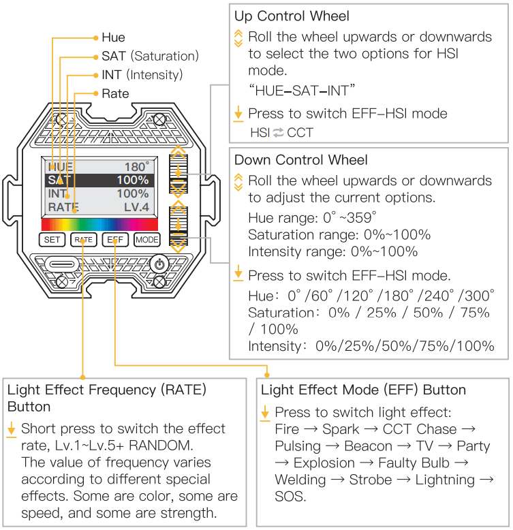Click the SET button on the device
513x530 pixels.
(52, 240)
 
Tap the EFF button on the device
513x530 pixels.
(114, 240)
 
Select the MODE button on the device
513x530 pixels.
(146, 240)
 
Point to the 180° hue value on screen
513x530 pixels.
(136, 167)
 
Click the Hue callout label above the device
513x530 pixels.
(113, 37)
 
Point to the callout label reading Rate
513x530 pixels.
(114, 93)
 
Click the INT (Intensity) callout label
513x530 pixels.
(142, 75)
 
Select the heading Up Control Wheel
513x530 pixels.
(292, 16)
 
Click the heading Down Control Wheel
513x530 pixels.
(300, 160)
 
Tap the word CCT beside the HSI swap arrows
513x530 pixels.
(300, 132)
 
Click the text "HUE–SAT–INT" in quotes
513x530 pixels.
(303, 90)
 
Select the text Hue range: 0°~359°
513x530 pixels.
(312, 217)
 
